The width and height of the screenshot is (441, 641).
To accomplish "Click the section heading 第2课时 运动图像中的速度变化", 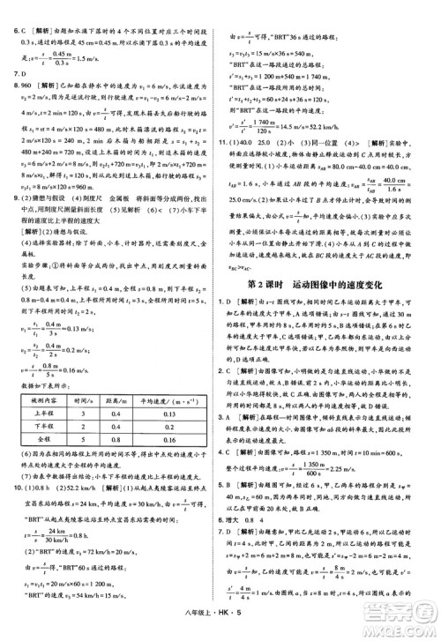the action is pyautogui.click(x=331, y=283).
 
